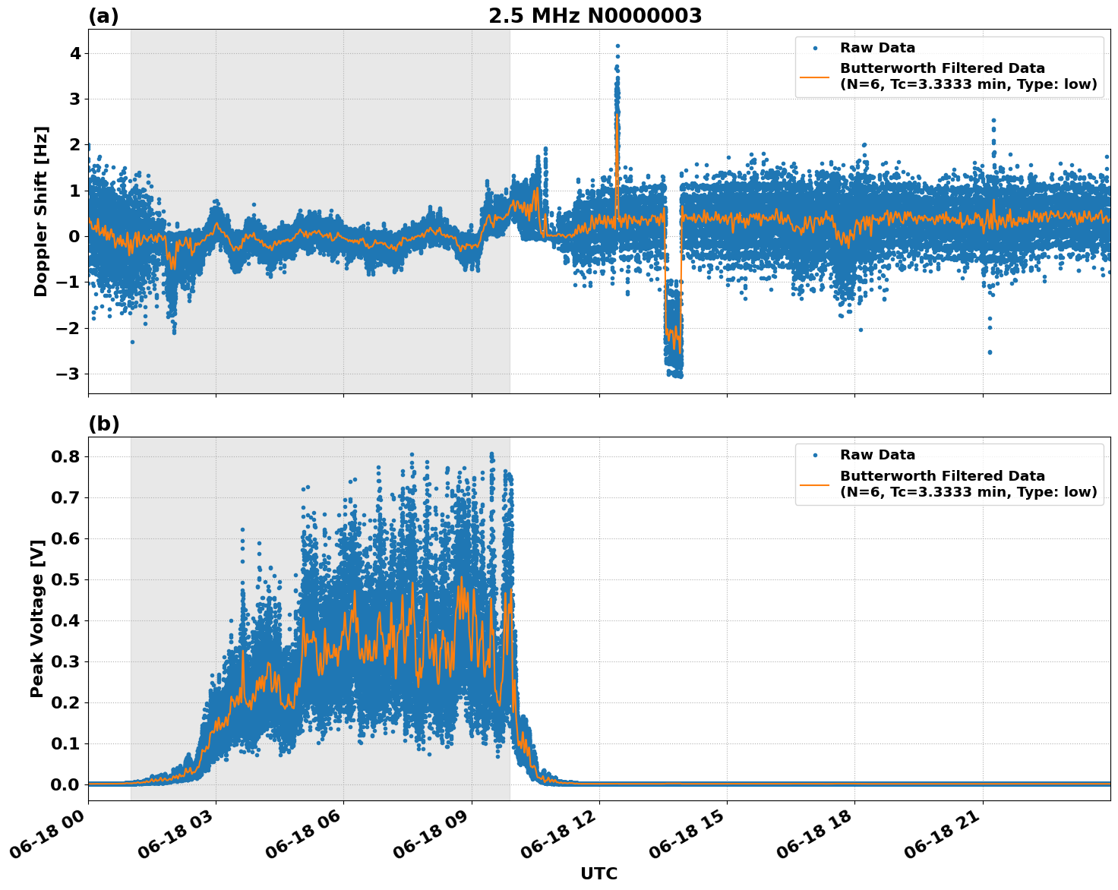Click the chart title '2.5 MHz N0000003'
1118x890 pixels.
click(595, 16)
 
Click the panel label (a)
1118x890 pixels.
click(103, 16)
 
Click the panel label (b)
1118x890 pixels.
click(103, 424)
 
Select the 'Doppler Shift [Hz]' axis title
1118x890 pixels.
click(41, 211)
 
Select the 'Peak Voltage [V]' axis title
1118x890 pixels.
click(37, 618)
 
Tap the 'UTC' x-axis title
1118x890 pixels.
click(598, 873)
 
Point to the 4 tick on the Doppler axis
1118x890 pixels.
click(76, 53)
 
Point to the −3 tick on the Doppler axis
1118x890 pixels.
click(71, 374)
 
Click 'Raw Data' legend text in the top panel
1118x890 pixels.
click(877, 48)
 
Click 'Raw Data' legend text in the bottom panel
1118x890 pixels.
click(877, 455)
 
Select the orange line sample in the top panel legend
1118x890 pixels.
click(814, 77)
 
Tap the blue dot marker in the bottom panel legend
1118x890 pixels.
click(814, 455)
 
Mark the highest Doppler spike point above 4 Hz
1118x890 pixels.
click(617, 46)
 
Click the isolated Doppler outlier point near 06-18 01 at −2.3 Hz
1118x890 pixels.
click(131, 342)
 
